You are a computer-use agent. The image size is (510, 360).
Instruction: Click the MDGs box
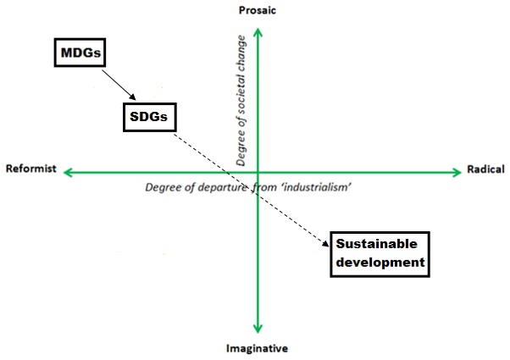80,54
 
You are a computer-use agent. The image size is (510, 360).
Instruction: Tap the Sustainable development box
379,253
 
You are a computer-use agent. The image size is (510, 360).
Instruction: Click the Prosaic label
258,10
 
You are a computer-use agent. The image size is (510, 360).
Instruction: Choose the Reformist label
30,169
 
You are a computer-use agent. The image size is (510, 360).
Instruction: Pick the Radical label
485,169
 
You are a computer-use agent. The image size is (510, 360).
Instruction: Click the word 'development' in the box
379,263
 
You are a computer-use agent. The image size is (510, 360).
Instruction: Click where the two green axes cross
258,173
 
